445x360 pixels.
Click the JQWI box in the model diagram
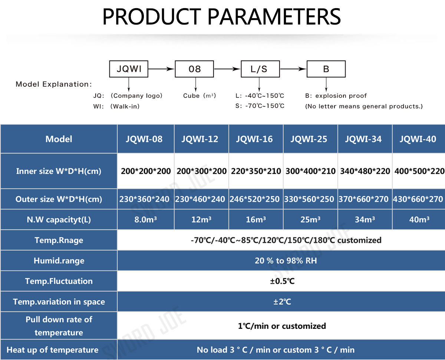click(129, 69)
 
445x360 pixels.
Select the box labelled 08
click(194, 69)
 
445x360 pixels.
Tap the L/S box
click(260, 69)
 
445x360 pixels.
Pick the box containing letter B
click(326, 69)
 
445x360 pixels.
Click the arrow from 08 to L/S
click(227, 69)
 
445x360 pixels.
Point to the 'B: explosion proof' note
click(336, 96)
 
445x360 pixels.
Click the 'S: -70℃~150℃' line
click(260, 106)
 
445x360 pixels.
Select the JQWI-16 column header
click(254, 139)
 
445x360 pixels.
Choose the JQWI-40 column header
click(418, 139)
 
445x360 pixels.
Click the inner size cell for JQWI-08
click(146, 171)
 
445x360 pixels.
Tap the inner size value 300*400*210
click(310, 171)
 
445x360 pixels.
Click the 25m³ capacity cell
click(310, 219)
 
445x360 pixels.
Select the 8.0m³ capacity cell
click(146, 219)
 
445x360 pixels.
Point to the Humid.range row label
click(59, 261)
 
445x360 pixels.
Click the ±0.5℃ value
click(282, 281)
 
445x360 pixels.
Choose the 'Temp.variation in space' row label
click(59, 302)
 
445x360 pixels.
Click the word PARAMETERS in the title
click(274, 16)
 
